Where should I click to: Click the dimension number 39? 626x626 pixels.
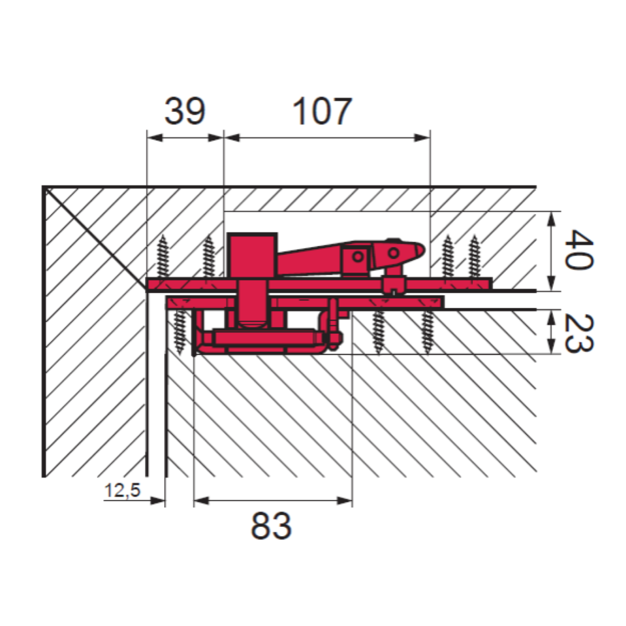(185, 111)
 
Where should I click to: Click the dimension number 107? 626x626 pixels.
(322, 111)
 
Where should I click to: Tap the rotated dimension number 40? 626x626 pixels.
(578, 250)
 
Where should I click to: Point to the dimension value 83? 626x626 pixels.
(271, 526)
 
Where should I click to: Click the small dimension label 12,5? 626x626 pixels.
(122, 490)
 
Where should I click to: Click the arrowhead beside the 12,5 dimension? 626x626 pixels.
(158, 501)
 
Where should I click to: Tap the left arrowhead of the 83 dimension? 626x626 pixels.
(202, 501)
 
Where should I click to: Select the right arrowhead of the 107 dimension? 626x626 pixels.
(423, 138)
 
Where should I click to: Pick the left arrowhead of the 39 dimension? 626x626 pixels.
(155, 138)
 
